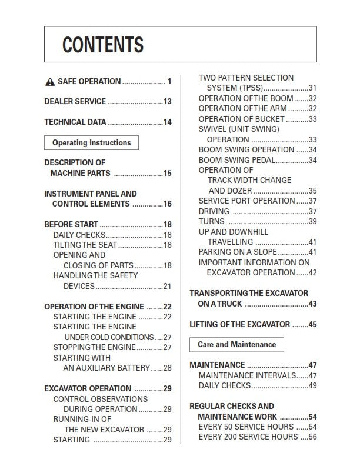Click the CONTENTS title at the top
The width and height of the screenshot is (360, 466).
click(103, 45)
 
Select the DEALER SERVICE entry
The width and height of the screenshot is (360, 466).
click(75, 102)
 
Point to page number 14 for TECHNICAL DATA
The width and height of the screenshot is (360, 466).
click(168, 122)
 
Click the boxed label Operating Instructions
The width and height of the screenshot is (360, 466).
click(91, 143)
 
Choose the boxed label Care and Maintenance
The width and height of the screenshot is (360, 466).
click(236, 344)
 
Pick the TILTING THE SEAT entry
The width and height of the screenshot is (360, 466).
click(85, 245)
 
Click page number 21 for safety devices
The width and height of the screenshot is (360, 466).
click(168, 287)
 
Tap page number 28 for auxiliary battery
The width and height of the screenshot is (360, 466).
click(168, 368)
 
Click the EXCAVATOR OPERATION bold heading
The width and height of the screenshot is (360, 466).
click(88, 388)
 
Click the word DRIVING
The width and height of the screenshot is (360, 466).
click(214, 211)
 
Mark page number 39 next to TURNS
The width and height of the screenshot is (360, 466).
click(313, 222)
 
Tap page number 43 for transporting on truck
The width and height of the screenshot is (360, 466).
click(313, 304)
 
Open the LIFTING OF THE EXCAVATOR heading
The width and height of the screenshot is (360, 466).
click(239, 324)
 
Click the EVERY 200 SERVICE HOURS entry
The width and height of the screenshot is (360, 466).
click(249, 437)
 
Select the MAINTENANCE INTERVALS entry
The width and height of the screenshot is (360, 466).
click(246, 375)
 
